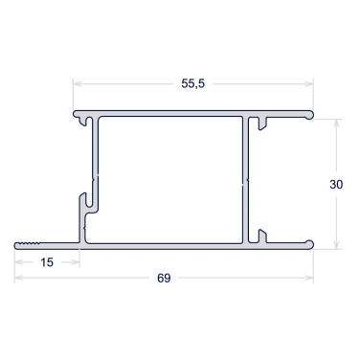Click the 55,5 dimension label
coord(192,83)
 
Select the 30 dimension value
coord(336,184)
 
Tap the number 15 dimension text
coord(47,262)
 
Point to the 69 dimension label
coord(164,278)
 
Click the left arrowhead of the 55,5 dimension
coord(78,83)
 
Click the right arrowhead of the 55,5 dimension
coord(309,83)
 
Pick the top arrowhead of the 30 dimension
coord(336,124)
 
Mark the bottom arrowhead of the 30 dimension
coord(336,245)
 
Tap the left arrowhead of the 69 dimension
coord(19,278)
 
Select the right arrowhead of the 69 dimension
coord(309,278)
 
